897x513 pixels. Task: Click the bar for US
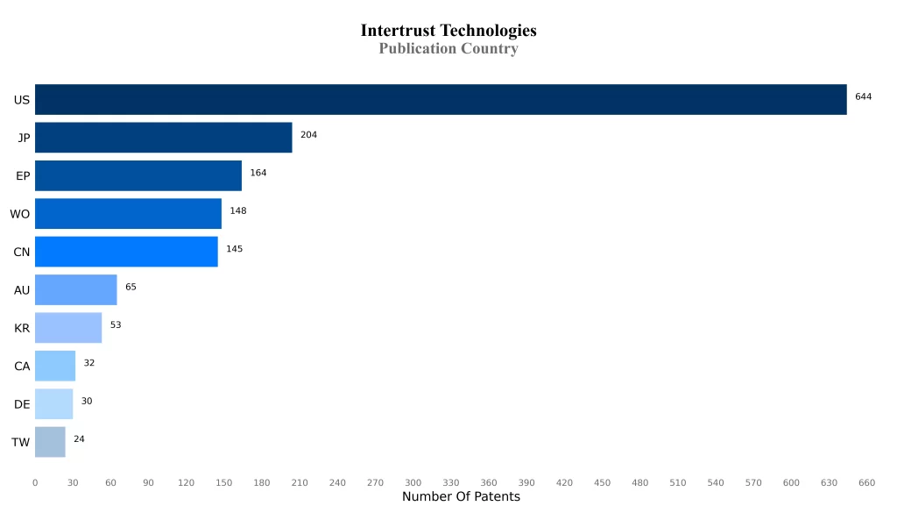pyautogui.click(x=441, y=100)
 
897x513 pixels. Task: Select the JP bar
pyautogui.click(x=164, y=138)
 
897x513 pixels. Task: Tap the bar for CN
pyautogui.click(x=126, y=252)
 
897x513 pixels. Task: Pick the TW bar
pyautogui.click(x=50, y=442)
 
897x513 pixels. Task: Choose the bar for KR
pyautogui.click(x=68, y=328)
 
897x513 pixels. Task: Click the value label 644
pyautogui.click(x=863, y=96)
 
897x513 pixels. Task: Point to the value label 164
pyautogui.click(x=258, y=173)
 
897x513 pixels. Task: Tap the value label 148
pyautogui.click(x=238, y=210)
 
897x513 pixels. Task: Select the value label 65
pyautogui.click(x=131, y=287)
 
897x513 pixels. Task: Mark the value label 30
pyautogui.click(x=87, y=401)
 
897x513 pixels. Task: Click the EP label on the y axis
pyautogui.click(x=23, y=176)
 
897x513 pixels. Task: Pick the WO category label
pyautogui.click(x=20, y=214)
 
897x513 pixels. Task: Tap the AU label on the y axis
pyautogui.click(x=22, y=290)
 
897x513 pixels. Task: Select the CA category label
pyautogui.click(x=22, y=367)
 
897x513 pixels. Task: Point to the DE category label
pyautogui.click(x=22, y=404)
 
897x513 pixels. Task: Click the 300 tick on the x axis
pyautogui.click(x=413, y=482)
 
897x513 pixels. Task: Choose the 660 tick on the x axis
pyautogui.click(x=866, y=482)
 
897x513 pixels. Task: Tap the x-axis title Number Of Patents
pyautogui.click(x=461, y=497)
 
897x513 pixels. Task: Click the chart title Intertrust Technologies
pyautogui.click(x=448, y=31)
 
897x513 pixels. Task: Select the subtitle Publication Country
pyautogui.click(x=448, y=49)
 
